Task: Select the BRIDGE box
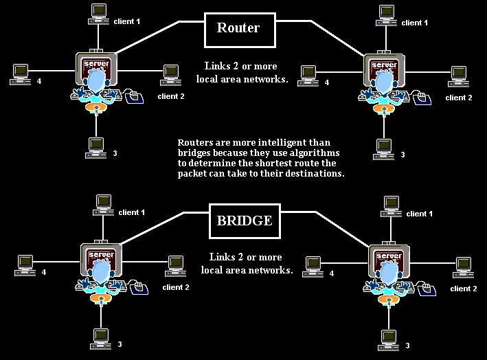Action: coord(245,221)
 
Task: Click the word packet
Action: coord(193,174)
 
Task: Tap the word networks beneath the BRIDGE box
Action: coord(268,270)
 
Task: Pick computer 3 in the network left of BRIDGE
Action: coord(102,337)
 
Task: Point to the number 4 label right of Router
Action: coord(326,83)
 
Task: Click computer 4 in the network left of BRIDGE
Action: coord(25,263)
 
